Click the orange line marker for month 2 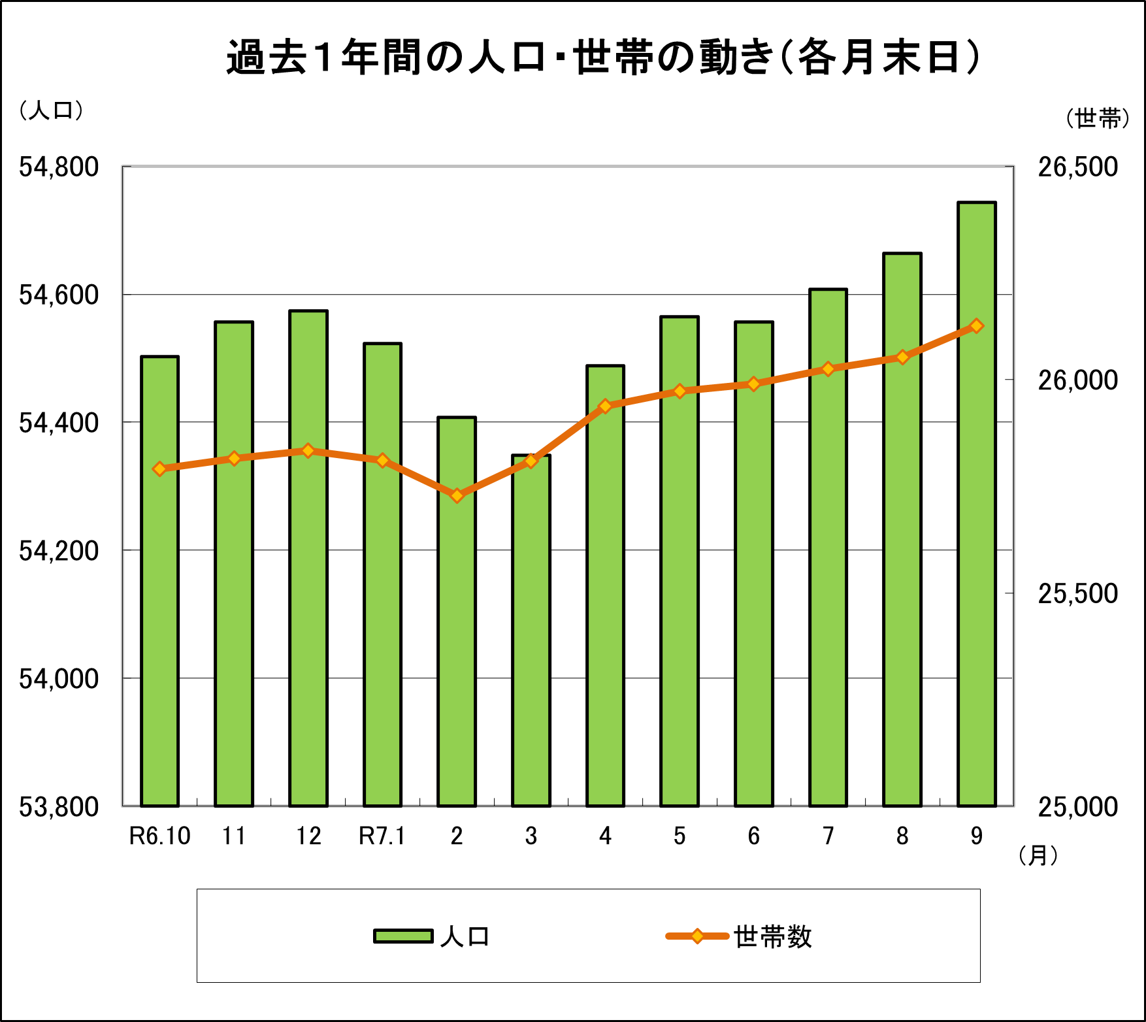pos(457,495)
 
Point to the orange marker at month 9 pos(976,326)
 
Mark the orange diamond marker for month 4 pos(606,406)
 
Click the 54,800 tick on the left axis pos(59,167)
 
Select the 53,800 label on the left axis pos(59,807)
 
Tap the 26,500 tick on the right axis pos(1078,167)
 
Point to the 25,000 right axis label pos(1078,807)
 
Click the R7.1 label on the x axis pos(382,836)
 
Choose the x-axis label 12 pos(308,836)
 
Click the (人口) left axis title pos(52,110)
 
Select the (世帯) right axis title pos(1098,118)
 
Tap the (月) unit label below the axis pos(1038,855)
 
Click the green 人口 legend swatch pos(403,936)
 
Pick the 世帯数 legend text pos(772,937)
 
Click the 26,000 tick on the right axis pos(1078,380)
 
